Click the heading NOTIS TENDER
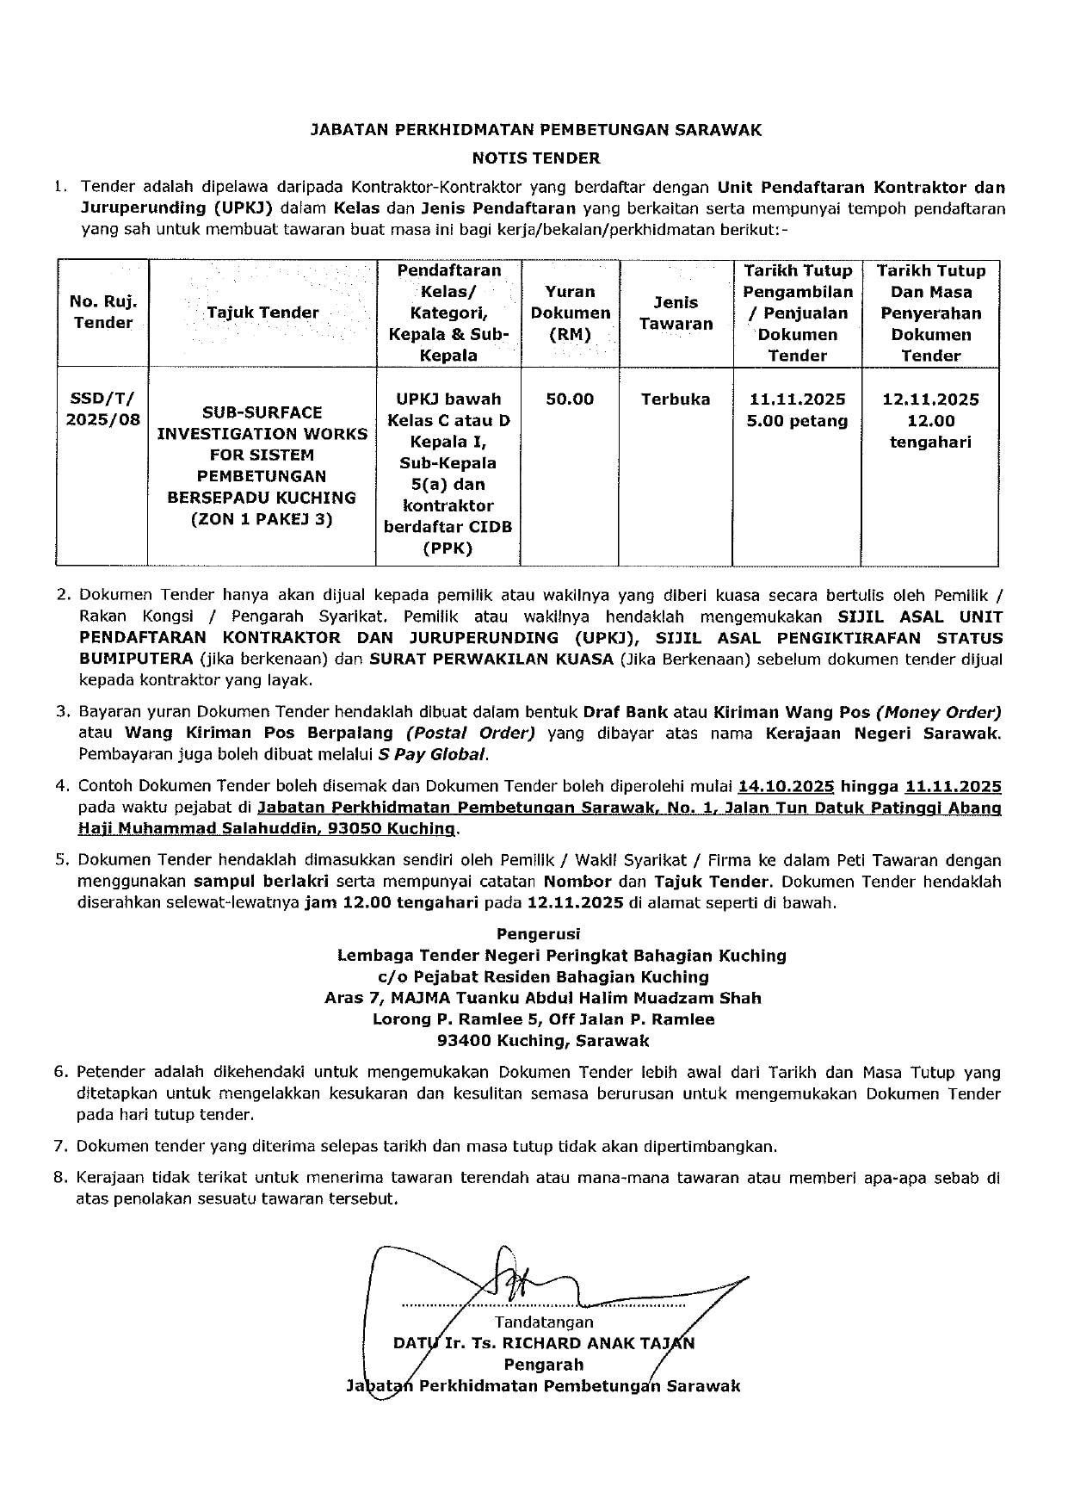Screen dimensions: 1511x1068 point(535,158)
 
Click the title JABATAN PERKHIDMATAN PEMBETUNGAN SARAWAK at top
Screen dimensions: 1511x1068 point(535,131)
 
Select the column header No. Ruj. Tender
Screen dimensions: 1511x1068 point(103,313)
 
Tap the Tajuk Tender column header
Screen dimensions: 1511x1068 point(262,313)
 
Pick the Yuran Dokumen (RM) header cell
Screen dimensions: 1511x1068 point(570,313)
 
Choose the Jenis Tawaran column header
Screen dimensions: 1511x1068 point(676,313)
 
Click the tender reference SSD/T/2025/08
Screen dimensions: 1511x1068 point(103,409)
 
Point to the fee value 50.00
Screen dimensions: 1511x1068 point(570,399)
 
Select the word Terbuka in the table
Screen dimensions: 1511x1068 point(676,399)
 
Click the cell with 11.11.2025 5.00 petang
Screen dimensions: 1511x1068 point(798,410)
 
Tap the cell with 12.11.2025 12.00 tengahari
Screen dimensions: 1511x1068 point(930,421)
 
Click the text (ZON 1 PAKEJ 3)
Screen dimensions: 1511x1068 point(262,519)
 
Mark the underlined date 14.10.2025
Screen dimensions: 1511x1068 point(786,787)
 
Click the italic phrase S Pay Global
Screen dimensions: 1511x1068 point(432,755)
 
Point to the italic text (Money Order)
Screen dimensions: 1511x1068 point(938,713)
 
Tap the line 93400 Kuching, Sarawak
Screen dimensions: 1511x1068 point(543,1041)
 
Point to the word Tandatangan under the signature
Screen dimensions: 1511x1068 point(544,1322)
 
